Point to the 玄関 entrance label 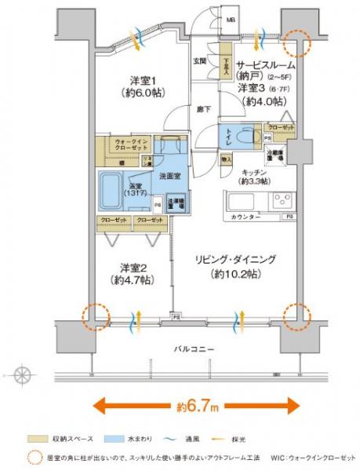pos(199,60)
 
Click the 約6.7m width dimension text pos(196,406)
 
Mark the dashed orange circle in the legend pos(31,457)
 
